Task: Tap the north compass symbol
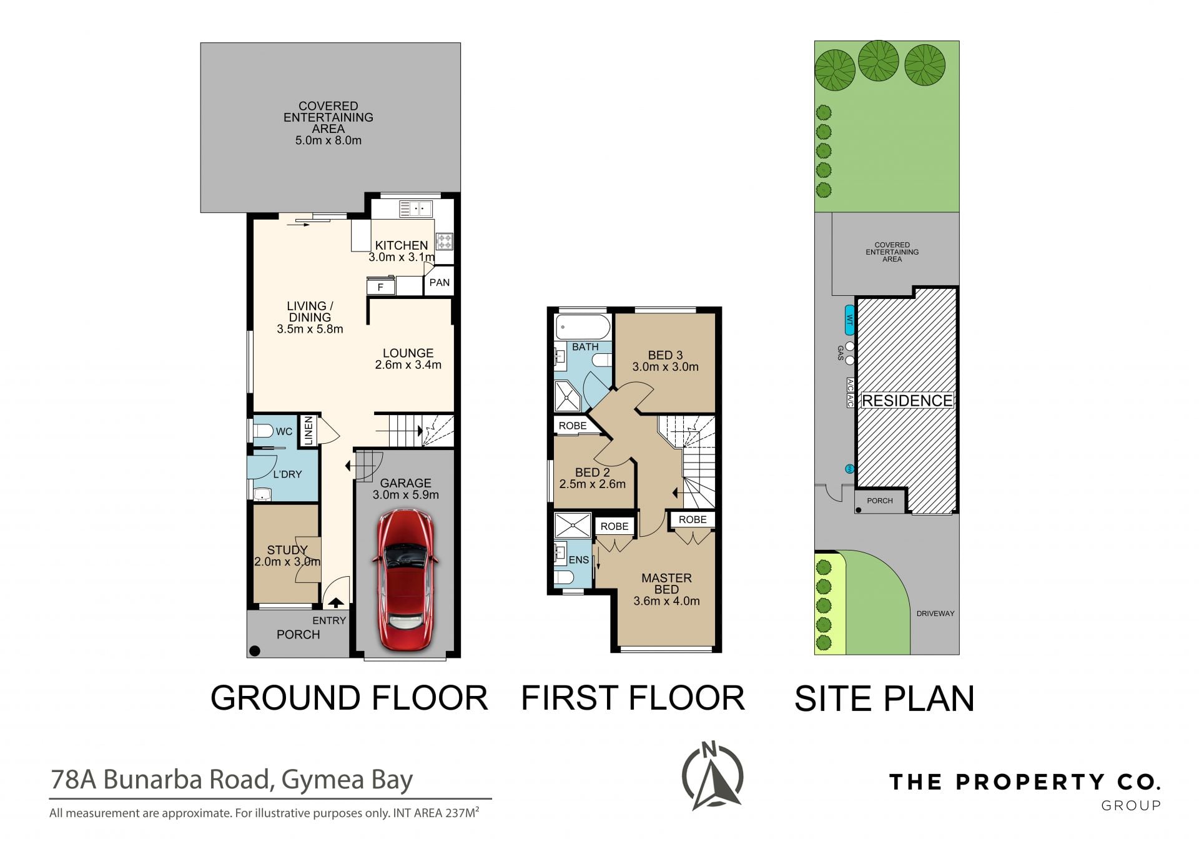pyautogui.click(x=712, y=775)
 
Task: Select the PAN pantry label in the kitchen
pyautogui.click(x=440, y=283)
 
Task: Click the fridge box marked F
pyautogui.click(x=380, y=286)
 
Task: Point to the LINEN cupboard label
pyautogui.click(x=308, y=431)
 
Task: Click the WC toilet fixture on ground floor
pyautogui.click(x=262, y=431)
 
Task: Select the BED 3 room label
pyautogui.click(x=665, y=355)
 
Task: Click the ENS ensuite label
pyautogui.click(x=578, y=560)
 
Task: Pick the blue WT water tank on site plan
pyautogui.click(x=849, y=321)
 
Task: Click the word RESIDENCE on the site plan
pyautogui.click(x=907, y=401)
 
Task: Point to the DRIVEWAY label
pyautogui.click(x=935, y=614)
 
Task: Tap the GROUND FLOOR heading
pyautogui.click(x=349, y=698)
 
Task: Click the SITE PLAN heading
pyautogui.click(x=884, y=698)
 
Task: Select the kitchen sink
pyautogui.click(x=415, y=208)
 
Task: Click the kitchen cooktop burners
pyautogui.click(x=445, y=241)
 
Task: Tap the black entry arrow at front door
pyautogui.click(x=336, y=603)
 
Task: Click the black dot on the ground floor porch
pyautogui.click(x=254, y=651)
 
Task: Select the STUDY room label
pyautogui.click(x=287, y=550)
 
